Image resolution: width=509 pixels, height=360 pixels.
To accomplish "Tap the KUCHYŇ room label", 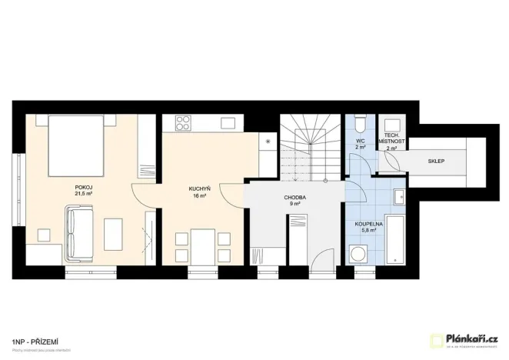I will coord(200,188).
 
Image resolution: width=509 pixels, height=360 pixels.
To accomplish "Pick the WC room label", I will coord(359,142).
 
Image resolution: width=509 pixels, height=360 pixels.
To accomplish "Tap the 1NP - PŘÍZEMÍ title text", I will coord(37,339).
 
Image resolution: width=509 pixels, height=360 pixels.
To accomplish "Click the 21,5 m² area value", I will coord(83,194).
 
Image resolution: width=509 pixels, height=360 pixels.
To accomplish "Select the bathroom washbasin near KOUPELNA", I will coord(398,198).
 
